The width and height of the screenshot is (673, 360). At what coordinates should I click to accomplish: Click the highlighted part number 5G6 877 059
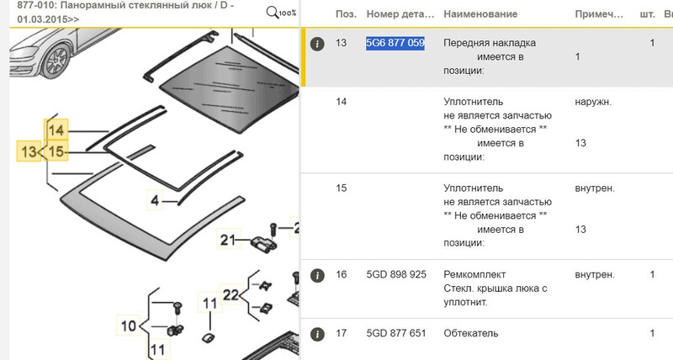[395, 43]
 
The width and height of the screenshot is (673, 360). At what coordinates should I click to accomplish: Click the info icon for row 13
[317, 43]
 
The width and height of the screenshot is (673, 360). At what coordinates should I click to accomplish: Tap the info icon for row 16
[317, 275]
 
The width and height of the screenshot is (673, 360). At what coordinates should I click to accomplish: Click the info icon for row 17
[317, 333]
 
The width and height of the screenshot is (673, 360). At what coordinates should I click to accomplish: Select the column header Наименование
[480, 15]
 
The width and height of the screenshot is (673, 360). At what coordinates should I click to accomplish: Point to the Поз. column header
[345, 15]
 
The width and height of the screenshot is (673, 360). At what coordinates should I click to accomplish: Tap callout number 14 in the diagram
[56, 130]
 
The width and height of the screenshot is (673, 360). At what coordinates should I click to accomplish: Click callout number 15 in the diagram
[56, 151]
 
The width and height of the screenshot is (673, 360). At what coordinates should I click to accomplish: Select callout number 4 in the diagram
[154, 200]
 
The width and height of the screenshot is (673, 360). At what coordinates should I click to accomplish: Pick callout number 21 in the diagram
[227, 241]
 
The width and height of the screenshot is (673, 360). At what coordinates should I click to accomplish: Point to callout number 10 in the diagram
[128, 326]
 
